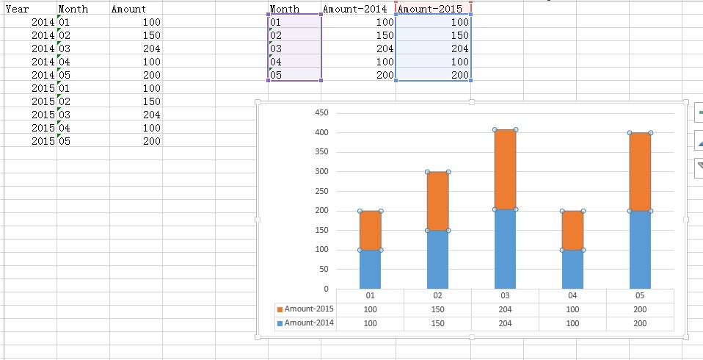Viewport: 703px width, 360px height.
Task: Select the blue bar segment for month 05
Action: tap(640, 249)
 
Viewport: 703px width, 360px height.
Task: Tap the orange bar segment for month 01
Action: tap(370, 230)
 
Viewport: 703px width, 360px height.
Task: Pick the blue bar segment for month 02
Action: tap(437, 259)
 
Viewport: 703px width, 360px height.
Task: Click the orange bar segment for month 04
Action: tap(572, 230)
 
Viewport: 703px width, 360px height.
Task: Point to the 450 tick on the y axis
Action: tap(321, 113)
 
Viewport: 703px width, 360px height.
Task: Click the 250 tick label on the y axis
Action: tap(321, 191)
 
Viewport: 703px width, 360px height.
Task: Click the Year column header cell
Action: tap(17, 10)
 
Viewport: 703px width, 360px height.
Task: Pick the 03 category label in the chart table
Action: tap(505, 295)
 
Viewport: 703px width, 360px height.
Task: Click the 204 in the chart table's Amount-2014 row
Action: tap(505, 323)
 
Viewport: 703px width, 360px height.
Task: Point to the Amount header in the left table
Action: tap(128, 10)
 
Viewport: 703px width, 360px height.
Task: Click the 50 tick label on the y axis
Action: tap(324, 270)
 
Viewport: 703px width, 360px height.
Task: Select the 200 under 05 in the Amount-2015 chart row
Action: tap(640, 309)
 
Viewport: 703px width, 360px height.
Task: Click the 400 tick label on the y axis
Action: tap(321, 133)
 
